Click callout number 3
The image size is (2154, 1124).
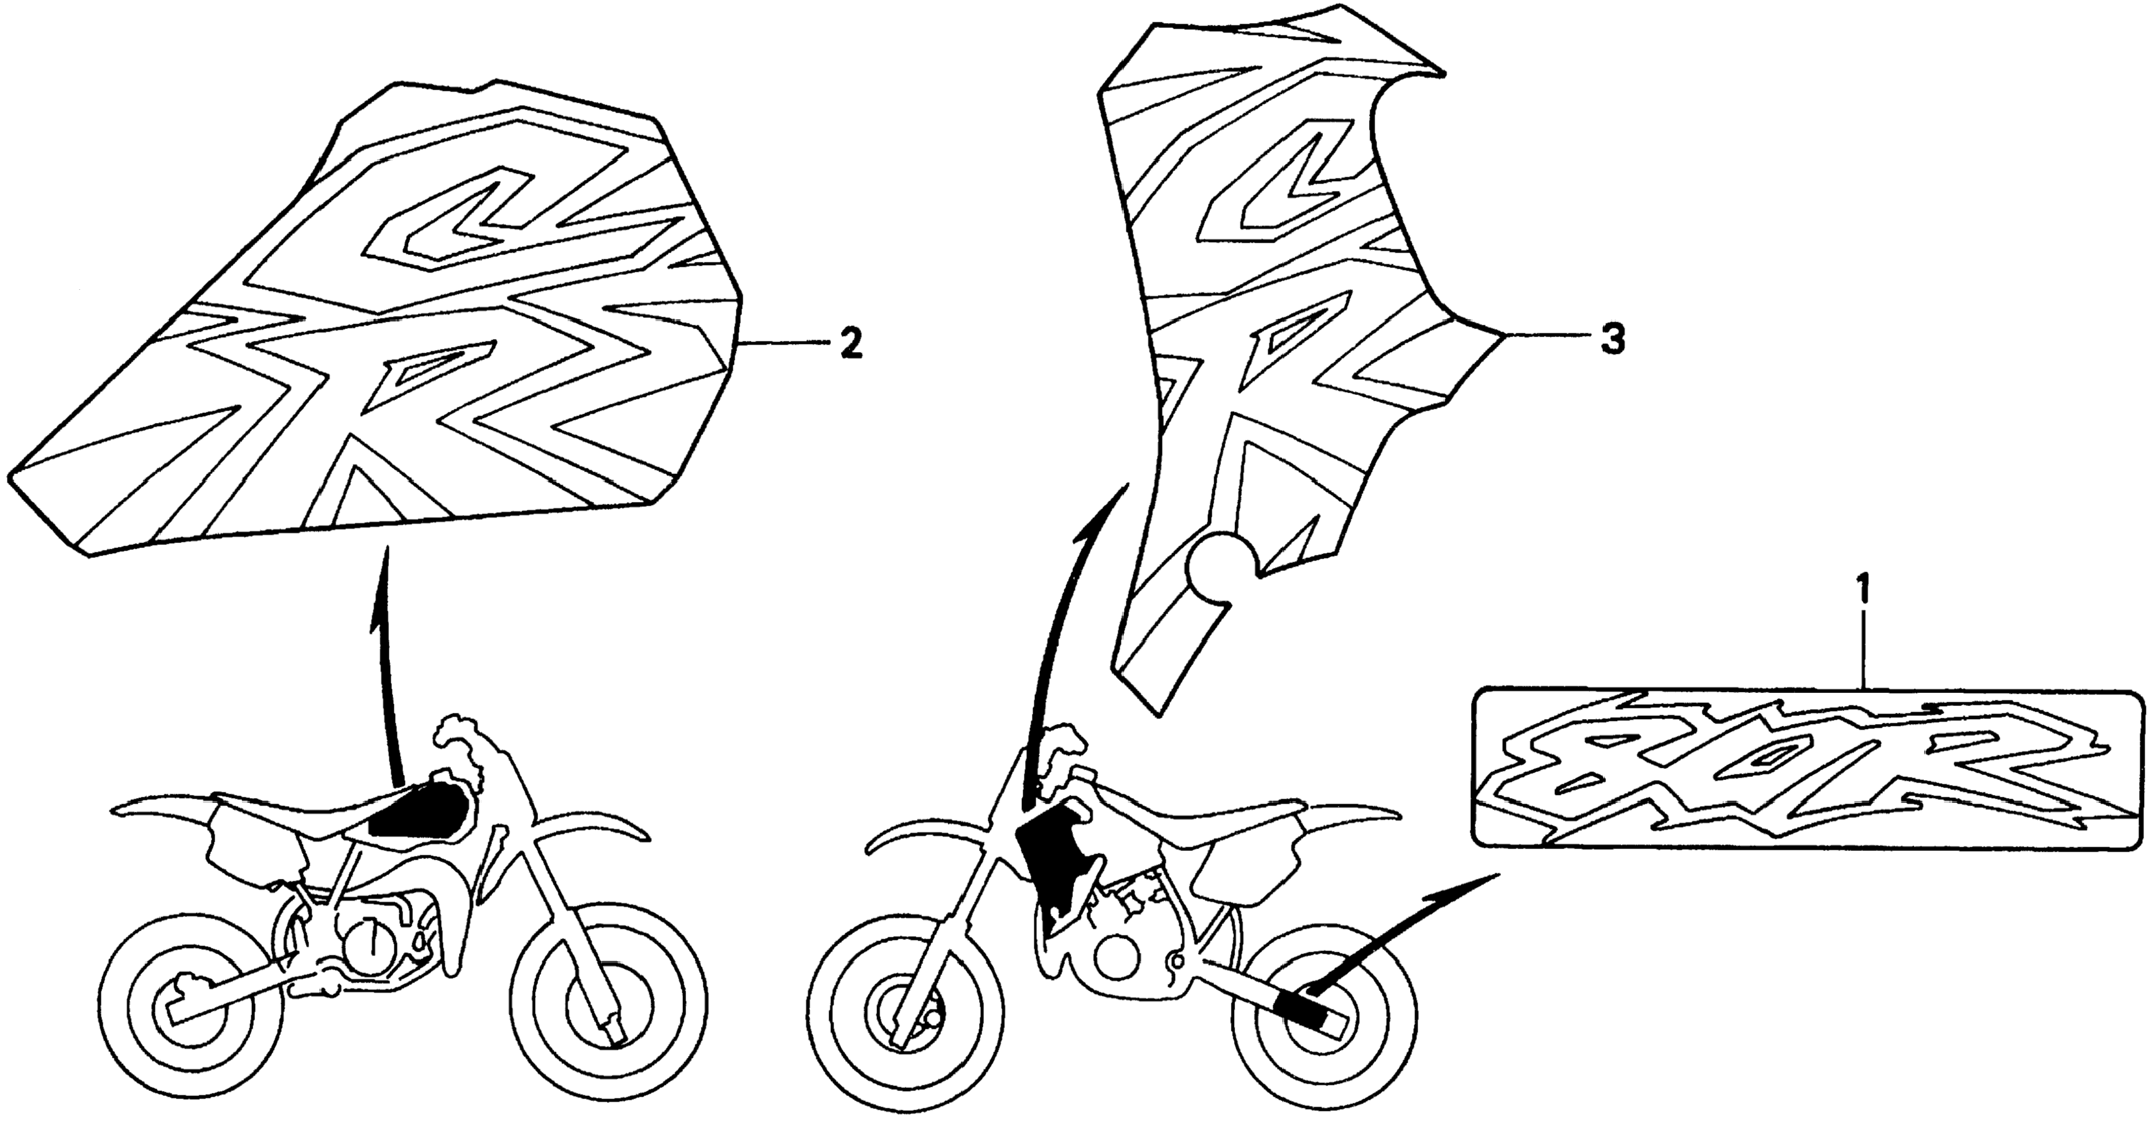click(x=1613, y=340)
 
